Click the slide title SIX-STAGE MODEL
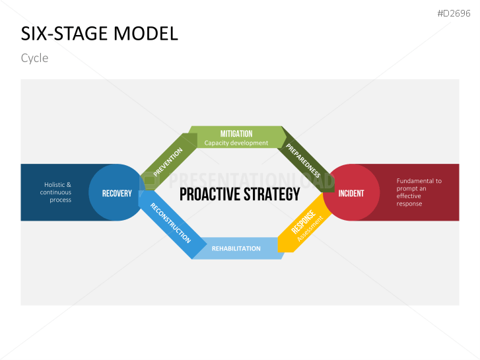tap(100, 34)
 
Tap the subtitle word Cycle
tap(34, 58)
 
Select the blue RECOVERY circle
tap(117, 193)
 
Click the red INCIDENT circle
tap(351, 193)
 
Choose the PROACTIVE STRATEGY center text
tap(240, 194)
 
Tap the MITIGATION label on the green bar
tap(236, 133)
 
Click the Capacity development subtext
tap(236, 143)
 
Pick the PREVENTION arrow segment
tap(168, 162)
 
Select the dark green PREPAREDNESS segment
tap(304, 159)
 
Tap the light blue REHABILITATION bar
tap(236, 248)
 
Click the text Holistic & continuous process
tap(57, 192)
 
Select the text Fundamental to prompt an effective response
tap(419, 192)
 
